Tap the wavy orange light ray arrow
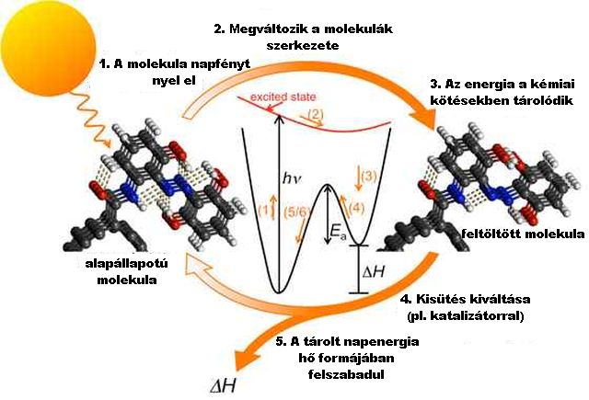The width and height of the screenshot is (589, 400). [x=93, y=120]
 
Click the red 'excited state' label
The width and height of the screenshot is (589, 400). [x=283, y=97]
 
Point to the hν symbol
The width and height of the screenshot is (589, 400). [x=292, y=178]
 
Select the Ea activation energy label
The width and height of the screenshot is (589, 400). [x=338, y=234]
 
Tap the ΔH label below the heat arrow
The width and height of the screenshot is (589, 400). [x=223, y=385]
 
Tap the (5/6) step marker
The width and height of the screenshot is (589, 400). [x=297, y=212]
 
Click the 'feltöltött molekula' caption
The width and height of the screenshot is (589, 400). [x=523, y=234]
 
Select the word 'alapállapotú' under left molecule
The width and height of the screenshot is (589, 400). [x=127, y=264]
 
